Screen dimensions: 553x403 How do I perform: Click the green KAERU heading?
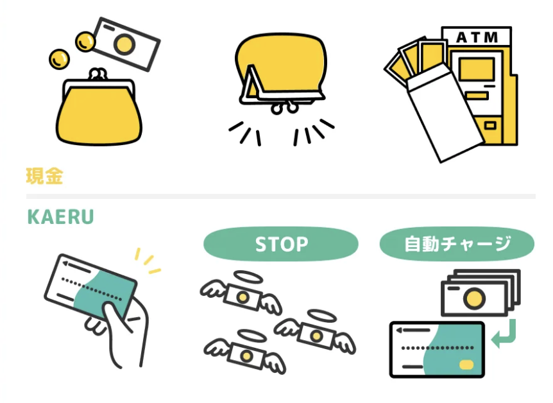point(60,217)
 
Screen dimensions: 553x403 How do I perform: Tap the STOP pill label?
point(281,244)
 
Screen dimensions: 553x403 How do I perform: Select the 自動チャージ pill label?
point(457,244)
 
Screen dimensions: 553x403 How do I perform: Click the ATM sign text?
point(477,38)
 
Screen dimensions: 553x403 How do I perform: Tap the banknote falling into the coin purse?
point(126,42)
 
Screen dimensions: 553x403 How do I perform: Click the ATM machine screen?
point(475,69)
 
